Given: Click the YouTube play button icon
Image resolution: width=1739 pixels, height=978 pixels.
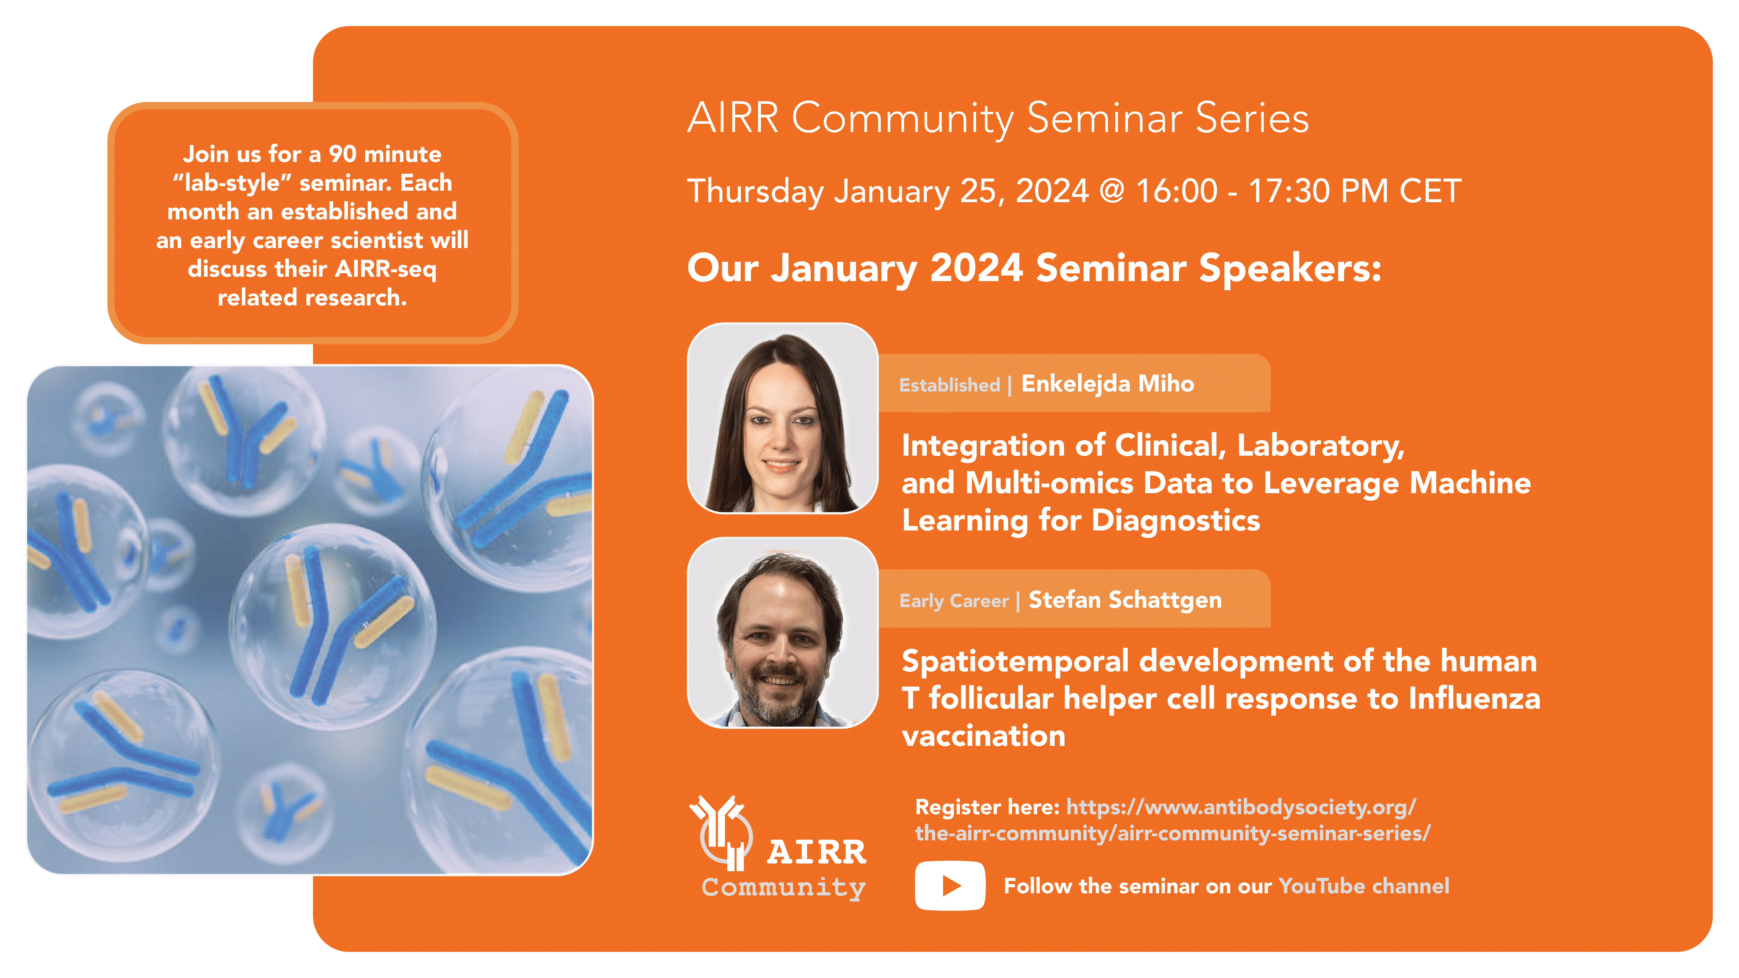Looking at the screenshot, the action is (x=950, y=885).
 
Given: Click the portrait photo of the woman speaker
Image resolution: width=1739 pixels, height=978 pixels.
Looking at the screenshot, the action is (x=783, y=418).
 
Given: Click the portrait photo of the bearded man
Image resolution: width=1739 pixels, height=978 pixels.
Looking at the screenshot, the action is (x=783, y=632).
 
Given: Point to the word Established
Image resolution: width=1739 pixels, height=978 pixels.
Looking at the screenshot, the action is (x=949, y=385).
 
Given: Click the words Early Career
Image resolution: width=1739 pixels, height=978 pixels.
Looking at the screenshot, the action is (x=954, y=601).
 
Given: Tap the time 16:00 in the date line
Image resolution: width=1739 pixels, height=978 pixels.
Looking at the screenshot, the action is (x=1177, y=191).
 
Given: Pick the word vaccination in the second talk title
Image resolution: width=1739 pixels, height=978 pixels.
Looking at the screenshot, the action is (x=984, y=736).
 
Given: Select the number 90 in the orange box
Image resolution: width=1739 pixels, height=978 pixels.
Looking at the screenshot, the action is (x=342, y=154).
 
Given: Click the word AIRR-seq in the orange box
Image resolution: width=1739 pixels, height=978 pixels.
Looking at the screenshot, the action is (x=386, y=269).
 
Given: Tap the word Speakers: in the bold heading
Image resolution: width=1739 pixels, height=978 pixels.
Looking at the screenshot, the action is (x=1290, y=269).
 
